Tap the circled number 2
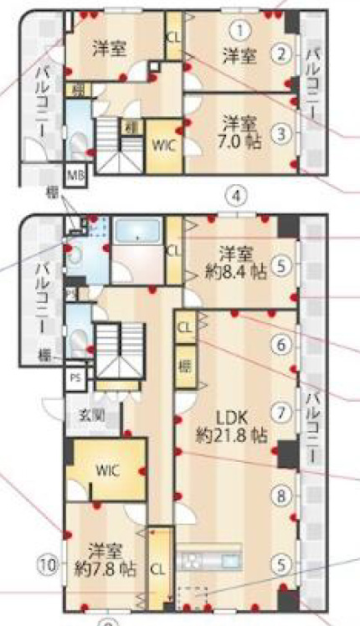[x=282, y=55]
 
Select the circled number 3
[x=283, y=131]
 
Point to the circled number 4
[x=238, y=196]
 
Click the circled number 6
[x=282, y=343]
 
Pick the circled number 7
[x=282, y=413]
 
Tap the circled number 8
[x=282, y=495]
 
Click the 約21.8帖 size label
[x=233, y=436]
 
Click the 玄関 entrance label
[x=91, y=413]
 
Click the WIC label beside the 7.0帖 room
[x=162, y=142]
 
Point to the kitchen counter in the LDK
[x=211, y=558]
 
